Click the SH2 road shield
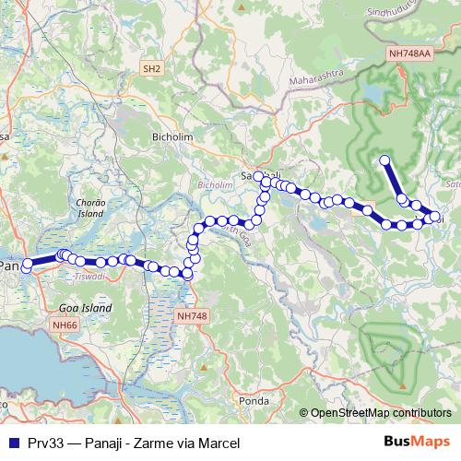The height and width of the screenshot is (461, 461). pos(152,68)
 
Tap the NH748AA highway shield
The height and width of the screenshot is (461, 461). pos(411,55)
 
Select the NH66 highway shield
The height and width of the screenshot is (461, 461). pos(65,325)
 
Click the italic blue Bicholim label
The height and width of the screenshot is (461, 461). pos(216,184)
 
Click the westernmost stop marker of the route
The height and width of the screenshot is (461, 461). pos(28,264)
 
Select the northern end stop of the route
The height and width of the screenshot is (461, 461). pos(384,161)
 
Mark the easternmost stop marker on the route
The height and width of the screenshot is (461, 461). pos(435,217)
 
